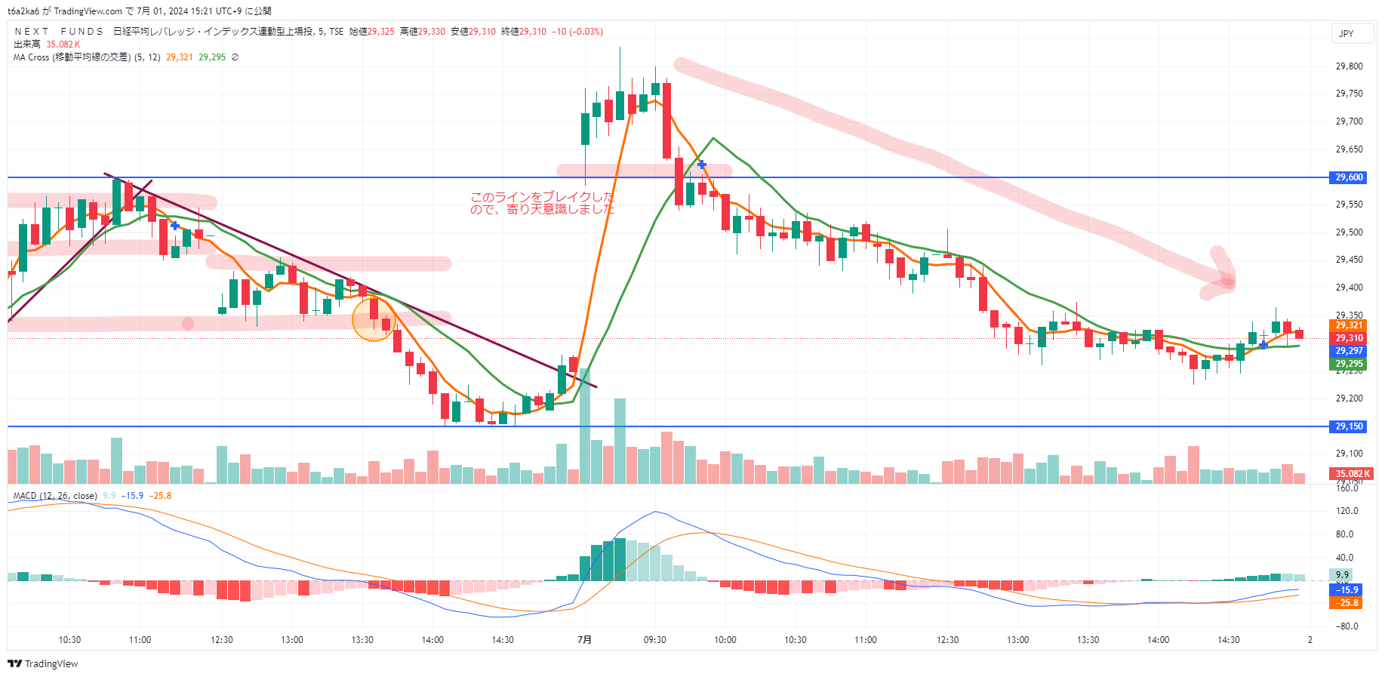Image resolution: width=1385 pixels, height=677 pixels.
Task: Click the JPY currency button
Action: click(1346, 33)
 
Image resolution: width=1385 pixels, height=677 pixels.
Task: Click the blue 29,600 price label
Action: click(1349, 177)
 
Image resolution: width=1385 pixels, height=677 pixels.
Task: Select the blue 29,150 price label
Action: click(1349, 426)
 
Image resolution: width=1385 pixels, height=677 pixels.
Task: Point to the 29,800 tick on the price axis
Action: click(1349, 66)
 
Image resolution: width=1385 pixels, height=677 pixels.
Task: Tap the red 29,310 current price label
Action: click(1349, 338)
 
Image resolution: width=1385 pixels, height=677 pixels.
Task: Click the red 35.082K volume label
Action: click(1352, 474)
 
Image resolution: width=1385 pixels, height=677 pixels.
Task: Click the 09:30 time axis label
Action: click(654, 640)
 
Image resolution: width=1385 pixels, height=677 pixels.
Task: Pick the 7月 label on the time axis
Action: click(584, 640)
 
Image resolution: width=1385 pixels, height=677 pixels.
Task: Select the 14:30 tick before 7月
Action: click(503, 640)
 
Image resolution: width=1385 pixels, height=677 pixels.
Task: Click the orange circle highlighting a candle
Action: click(374, 318)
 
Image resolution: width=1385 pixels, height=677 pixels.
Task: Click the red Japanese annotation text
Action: click(542, 203)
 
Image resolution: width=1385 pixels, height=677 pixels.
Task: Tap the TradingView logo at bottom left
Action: click(43, 664)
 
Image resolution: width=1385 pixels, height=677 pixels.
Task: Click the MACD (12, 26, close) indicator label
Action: click(55, 496)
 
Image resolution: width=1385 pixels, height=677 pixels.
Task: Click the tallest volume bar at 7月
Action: click(584, 426)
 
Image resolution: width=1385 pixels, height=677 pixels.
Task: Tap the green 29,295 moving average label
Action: click(1349, 364)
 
